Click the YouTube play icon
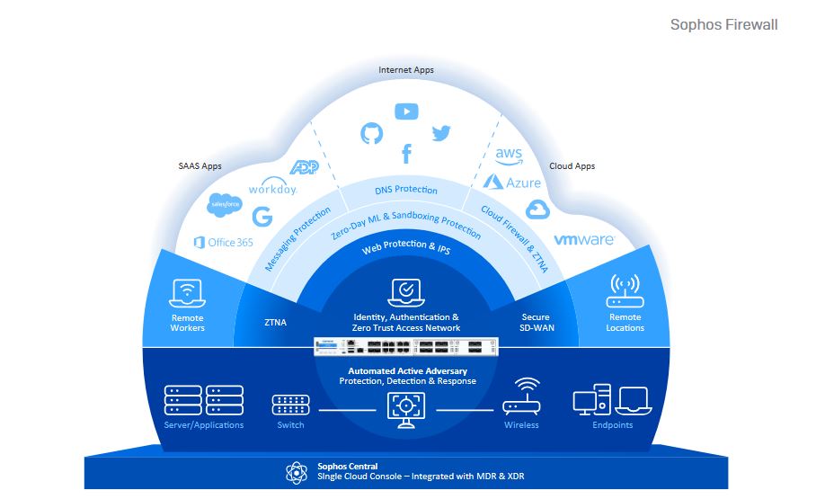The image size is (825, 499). click(x=406, y=111)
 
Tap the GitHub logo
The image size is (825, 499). click(x=371, y=134)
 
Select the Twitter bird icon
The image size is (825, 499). click(x=440, y=134)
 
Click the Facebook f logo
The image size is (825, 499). click(x=406, y=155)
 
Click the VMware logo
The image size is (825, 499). click(x=583, y=240)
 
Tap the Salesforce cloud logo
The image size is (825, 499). click(x=220, y=205)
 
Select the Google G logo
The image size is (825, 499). click(x=262, y=217)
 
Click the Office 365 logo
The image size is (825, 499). click(x=225, y=242)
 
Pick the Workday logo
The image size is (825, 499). click(x=272, y=189)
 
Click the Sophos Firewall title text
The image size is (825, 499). click(x=723, y=24)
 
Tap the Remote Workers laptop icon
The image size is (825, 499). click(x=187, y=292)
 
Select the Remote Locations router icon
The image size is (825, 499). click(x=625, y=290)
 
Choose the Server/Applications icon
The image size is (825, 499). click(x=204, y=400)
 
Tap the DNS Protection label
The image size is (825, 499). click(x=406, y=190)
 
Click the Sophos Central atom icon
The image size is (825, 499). click(x=297, y=472)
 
